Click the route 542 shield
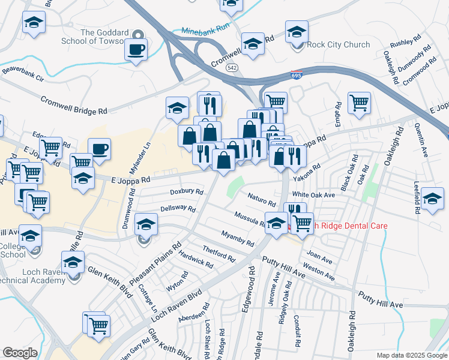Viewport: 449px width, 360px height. point(232,68)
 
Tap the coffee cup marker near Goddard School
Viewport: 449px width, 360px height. point(136,49)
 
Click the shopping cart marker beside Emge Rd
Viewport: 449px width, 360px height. point(359,103)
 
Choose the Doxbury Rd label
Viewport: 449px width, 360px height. point(186,192)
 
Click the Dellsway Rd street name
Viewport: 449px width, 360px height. point(178,209)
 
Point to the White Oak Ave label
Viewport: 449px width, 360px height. point(313,195)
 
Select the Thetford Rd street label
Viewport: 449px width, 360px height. point(218,254)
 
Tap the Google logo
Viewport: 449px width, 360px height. point(19,352)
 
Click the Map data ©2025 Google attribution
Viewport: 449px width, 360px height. point(411,355)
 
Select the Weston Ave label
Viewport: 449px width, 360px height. point(319,271)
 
